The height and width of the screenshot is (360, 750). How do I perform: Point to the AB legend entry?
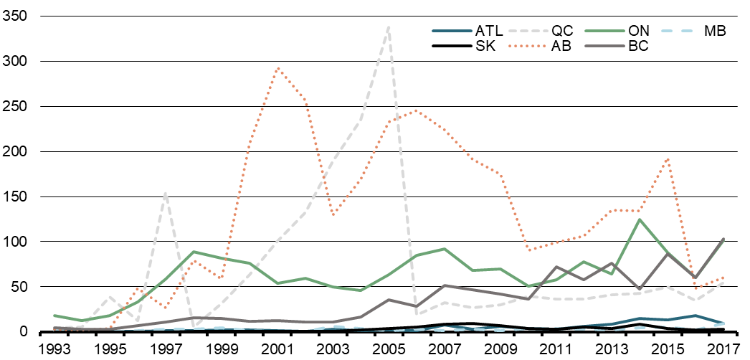[559, 47]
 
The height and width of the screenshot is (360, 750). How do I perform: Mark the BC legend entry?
[637, 47]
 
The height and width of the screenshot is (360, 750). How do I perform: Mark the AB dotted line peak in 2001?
[277, 68]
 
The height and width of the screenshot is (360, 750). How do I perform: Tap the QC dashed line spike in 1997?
[166, 192]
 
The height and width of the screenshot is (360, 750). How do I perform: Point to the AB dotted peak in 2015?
[668, 158]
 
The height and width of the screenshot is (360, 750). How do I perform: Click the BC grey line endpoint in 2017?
[723, 239]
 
